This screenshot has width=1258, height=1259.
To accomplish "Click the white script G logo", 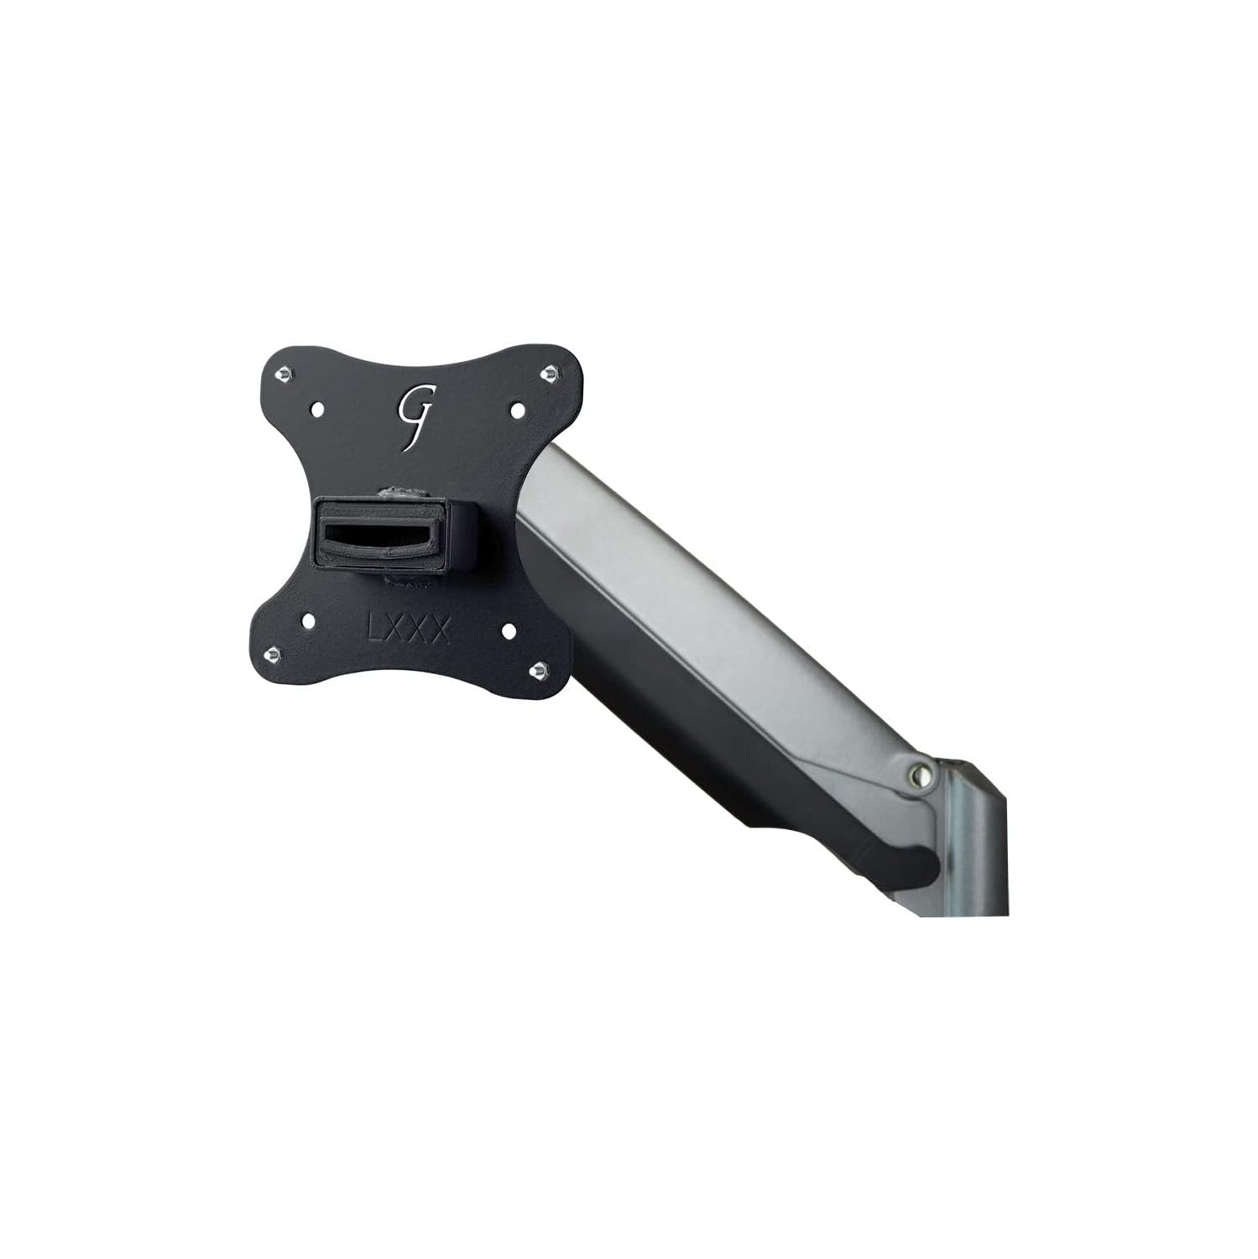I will pos(416,415).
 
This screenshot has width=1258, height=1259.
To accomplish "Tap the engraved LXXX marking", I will pos(408,629).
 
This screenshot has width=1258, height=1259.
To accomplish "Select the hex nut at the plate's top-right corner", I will pos(550,371).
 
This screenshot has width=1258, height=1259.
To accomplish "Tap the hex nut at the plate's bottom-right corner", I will pos(539,668).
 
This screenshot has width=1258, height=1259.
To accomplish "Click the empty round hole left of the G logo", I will pos(318,410).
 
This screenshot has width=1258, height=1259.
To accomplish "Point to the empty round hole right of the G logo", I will pos(517,410).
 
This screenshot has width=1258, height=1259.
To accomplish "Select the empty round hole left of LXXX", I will pos(308,621).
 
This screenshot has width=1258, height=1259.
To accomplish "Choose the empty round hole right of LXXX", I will pos(508,628).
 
